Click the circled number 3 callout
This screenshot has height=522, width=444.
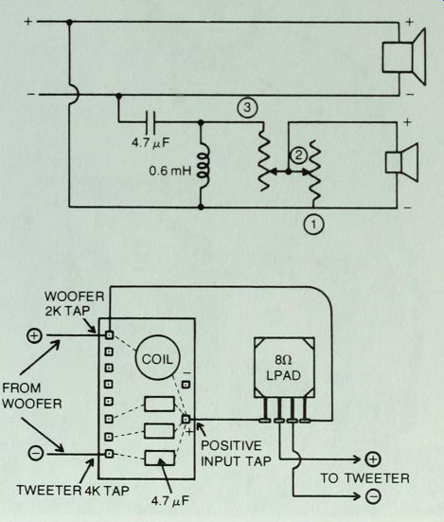247,108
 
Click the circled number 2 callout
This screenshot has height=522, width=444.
298,155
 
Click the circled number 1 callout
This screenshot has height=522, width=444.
313,225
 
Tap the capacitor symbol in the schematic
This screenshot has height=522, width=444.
151,122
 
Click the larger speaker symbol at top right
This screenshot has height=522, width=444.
403,57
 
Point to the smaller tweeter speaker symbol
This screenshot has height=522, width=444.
401,162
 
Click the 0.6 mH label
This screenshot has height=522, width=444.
170,171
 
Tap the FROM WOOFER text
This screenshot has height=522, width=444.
32,396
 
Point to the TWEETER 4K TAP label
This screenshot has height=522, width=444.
73,490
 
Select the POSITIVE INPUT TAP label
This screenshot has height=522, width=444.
236,454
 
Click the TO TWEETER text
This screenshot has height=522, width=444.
364,478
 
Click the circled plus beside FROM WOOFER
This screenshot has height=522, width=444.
34,335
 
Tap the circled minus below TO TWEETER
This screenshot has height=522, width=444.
373,496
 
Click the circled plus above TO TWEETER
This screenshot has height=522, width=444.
373,459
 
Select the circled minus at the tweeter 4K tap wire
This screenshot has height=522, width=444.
36,454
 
